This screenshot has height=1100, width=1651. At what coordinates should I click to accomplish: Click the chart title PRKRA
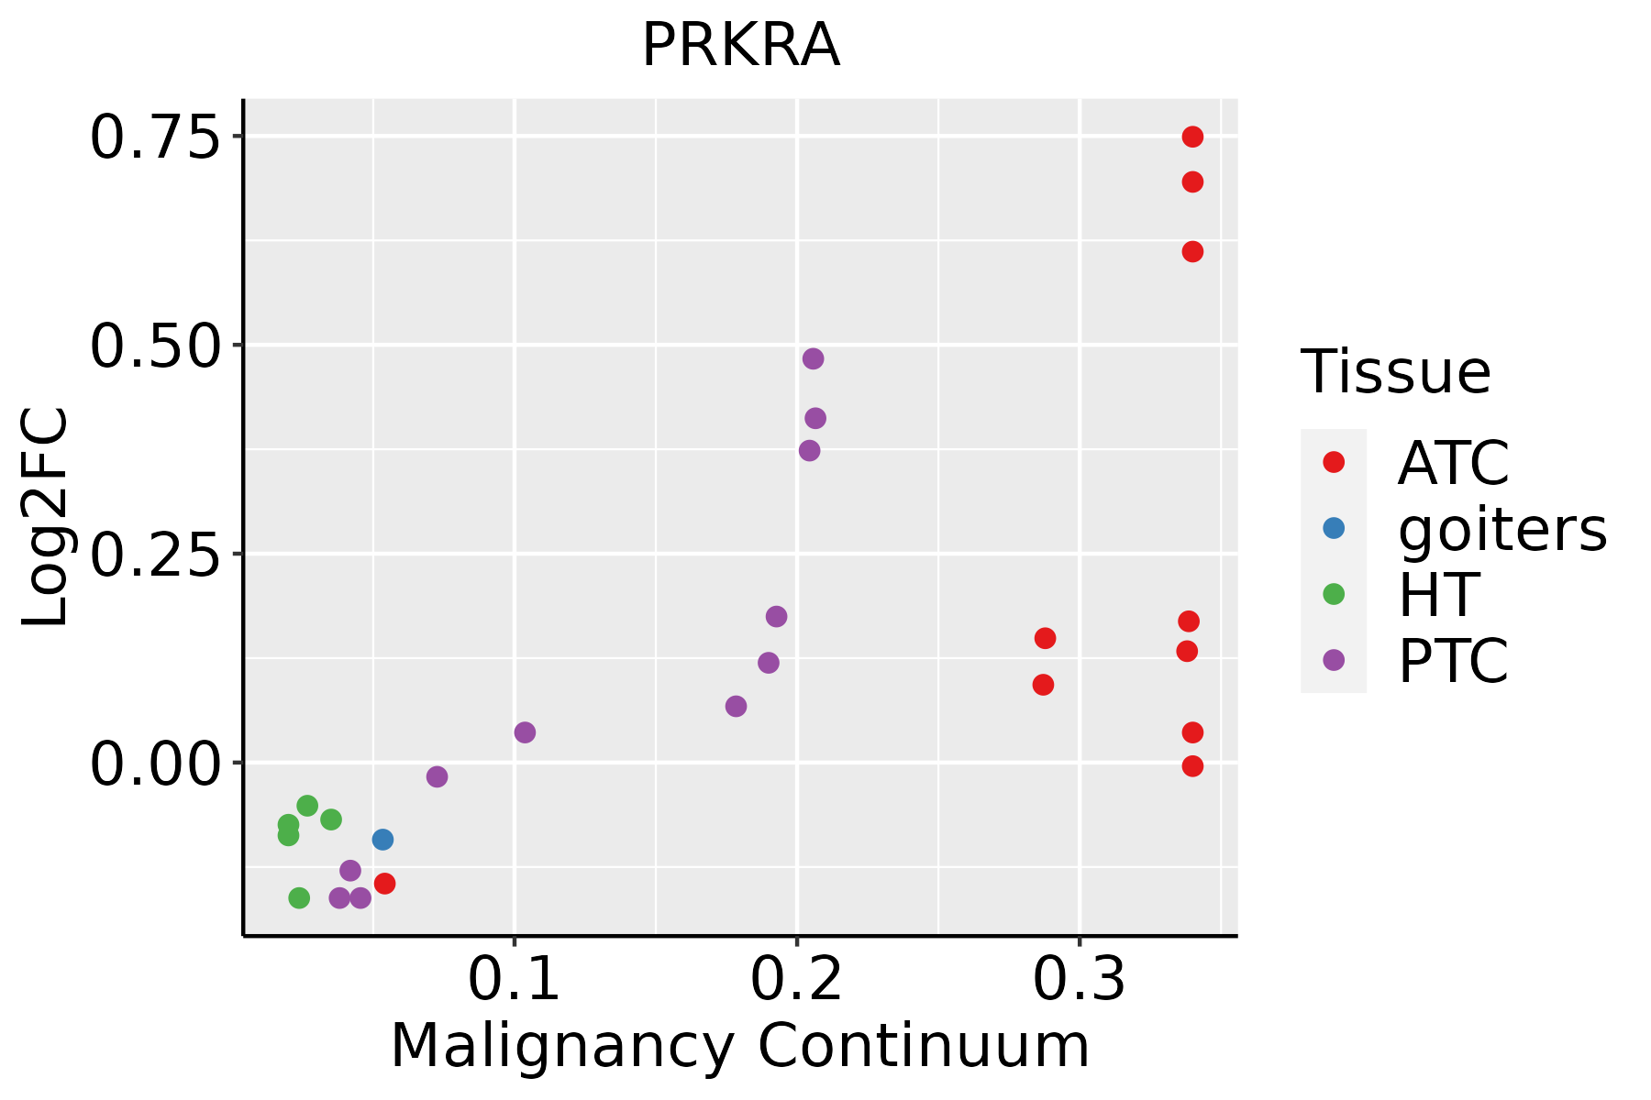[740, 46]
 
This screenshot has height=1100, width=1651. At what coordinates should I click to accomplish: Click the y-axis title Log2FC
[46, 517]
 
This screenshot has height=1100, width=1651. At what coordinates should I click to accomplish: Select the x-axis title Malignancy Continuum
[740, 1046]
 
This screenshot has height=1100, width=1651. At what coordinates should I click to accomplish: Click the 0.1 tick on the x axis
[515, 980]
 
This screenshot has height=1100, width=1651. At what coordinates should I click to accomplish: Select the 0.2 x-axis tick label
[797, 980]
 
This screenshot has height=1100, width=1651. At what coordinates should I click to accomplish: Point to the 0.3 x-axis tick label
[1080, 980]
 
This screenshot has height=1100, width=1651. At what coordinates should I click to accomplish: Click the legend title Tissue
[1396, 372]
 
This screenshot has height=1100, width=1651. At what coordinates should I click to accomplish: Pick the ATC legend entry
[1453, 463]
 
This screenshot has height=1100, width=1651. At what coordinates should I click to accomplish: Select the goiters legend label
[1501, 529]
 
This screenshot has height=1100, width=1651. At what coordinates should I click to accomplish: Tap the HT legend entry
[1438, 594]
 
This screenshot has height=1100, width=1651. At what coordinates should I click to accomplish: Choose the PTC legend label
[1453, 660]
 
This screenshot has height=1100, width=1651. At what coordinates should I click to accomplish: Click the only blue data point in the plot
[383, 839]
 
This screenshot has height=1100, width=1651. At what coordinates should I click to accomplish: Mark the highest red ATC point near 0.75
[1192, 137]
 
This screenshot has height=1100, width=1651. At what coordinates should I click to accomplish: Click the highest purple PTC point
[813, 358]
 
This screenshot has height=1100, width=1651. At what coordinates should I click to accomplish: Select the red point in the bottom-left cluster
[385, 883]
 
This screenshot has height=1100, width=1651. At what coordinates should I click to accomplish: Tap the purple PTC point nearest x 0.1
[525, 731]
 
